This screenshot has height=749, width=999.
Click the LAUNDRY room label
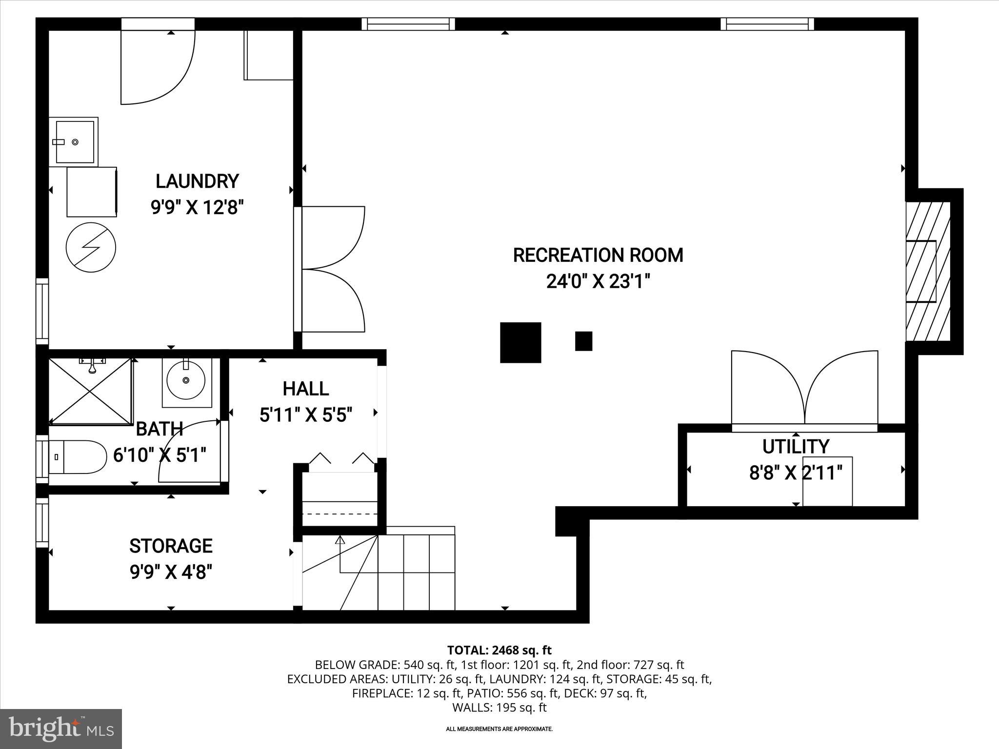[x=197, y=181]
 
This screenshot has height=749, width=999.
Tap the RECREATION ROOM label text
[x=598, y=256]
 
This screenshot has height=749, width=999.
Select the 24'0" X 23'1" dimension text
[x=598, y=282]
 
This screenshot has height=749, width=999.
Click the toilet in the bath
[x=78, y=457]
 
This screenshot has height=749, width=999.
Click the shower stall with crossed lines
[x=91, y=391]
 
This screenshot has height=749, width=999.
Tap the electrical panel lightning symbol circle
[x=91, y=247]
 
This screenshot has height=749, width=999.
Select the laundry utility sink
[x=74, y=141]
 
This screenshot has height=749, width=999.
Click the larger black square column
[x=520, y=342]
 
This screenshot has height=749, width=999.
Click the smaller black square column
[x=583, y=341]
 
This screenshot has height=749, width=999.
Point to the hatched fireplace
[x=928, y=271]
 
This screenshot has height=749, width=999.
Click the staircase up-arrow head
[x=340, y=540]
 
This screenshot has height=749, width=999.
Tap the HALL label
[x=306, y=389]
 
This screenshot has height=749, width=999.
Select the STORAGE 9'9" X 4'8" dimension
[x=171, y=572]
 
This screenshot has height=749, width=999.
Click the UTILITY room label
[x=796, y=447]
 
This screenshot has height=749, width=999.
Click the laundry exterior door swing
[x=157, y=66]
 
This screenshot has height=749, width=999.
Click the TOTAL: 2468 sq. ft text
[x=499, y=650]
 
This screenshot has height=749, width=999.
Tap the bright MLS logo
[x=61, y=729]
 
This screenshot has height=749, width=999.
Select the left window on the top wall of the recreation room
[x=408, y=24]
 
